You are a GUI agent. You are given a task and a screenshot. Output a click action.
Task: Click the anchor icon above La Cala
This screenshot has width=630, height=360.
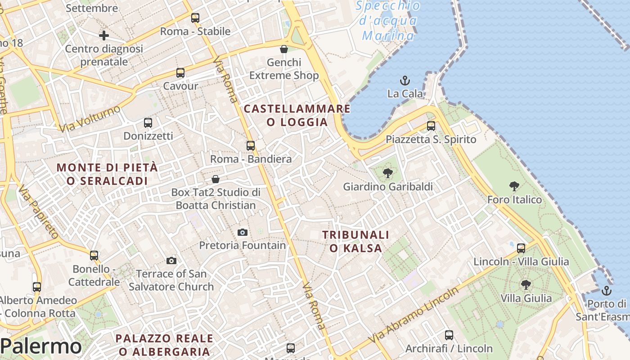pos(405,81)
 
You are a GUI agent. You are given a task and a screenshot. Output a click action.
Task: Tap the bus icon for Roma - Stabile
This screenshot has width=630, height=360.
pos(195,18)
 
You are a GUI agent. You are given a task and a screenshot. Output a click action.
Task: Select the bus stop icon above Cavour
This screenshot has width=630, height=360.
pos(180,72)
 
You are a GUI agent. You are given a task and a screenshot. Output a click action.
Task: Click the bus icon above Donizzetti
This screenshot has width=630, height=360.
pos(148,122)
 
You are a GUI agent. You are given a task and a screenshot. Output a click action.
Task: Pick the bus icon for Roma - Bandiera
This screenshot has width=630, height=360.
pos(251,146)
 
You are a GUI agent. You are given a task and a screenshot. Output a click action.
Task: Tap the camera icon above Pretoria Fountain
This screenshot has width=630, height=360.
pos(243,232)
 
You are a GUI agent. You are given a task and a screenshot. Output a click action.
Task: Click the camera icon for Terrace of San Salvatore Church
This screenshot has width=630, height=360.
pos(171,261)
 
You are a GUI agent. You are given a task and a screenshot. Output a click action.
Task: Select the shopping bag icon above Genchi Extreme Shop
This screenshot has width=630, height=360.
pos(284,49)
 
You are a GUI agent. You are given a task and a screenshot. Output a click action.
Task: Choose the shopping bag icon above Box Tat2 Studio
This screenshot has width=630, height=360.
pos(216,179)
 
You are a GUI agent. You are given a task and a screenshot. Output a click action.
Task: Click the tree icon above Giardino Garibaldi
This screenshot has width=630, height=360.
pos(387,173)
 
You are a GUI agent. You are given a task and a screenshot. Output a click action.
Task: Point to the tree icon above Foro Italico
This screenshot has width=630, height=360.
pos(514,186)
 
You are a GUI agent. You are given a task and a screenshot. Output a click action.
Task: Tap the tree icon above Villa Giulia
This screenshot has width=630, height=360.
pos(526,285)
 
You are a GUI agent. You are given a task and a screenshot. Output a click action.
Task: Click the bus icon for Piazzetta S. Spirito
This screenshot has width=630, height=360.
pos(431,126)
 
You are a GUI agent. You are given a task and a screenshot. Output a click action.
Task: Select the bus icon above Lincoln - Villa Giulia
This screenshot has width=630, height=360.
pos(521,248)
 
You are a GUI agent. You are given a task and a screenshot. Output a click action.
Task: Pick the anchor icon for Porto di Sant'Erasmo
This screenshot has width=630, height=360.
pos(607,290)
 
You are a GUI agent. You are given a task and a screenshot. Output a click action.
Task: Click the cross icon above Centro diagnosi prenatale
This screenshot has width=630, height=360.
pos(104,36)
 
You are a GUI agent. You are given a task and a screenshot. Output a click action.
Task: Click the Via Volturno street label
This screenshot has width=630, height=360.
pos(90,119)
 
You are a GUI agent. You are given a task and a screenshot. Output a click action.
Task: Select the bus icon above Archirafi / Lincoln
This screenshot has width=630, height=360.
pos(449,335)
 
